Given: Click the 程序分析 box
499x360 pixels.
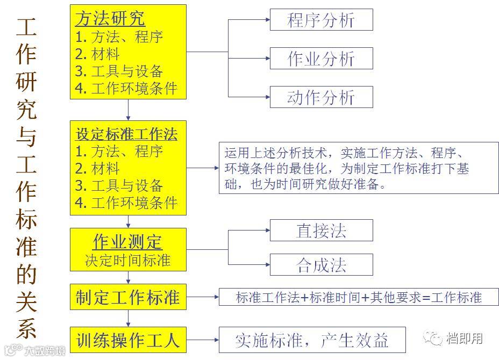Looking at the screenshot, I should click(x=321, y=20).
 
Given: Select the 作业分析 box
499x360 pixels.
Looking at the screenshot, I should click(x=321, y=59).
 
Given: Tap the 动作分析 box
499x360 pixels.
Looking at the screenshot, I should click(x=321, y=97).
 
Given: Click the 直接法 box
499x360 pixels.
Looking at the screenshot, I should click(x=321, y=230).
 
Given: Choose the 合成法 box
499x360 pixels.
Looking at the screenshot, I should click(x=321, y=265).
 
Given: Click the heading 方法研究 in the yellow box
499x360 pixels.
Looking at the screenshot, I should click(x=110, y=19).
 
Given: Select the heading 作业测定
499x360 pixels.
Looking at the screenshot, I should click(x=128, y=242).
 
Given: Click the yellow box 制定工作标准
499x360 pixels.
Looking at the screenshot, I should click(x=128, y=297).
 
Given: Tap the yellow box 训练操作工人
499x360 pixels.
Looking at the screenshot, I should click(x=128, y=340).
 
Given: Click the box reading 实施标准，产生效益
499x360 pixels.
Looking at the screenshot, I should click(x=311, y=340).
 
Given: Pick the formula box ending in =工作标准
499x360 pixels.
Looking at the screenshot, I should click(x=359, y=297).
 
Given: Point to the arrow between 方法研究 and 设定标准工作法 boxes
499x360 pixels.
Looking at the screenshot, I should click(x=129, y=110).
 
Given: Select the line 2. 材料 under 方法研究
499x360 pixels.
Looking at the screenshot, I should click(x=97, y=54).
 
